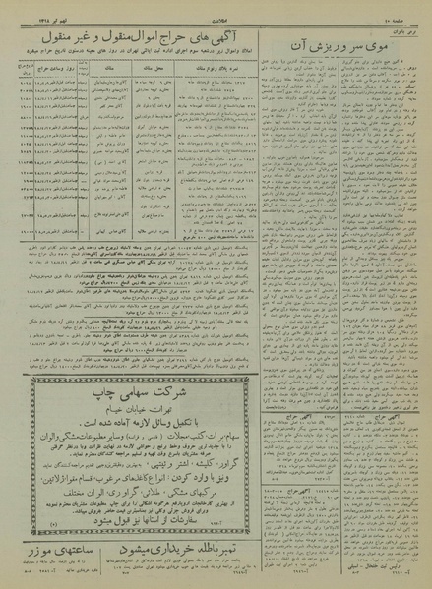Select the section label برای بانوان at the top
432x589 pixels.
click(x=408, y=31)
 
